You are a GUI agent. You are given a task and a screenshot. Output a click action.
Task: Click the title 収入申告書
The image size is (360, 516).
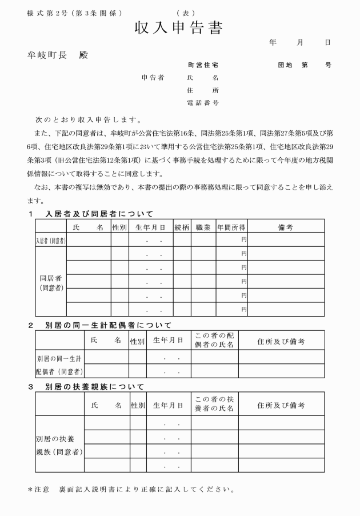178,27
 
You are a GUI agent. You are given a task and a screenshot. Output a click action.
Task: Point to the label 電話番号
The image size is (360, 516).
202,103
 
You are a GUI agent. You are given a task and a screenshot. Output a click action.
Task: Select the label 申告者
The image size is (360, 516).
153,77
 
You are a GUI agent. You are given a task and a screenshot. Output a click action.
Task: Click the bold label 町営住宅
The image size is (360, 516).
202,65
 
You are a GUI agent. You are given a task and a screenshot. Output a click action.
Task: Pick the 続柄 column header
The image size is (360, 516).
182,227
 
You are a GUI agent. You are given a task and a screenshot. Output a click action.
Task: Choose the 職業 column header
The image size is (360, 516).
203,227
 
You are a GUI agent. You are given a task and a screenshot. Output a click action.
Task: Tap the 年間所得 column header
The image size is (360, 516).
231,227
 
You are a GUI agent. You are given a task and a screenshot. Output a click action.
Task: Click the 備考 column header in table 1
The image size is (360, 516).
285,227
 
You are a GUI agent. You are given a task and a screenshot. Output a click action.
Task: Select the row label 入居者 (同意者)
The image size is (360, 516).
51,241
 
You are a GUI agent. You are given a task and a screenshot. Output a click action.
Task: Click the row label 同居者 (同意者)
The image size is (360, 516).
51,283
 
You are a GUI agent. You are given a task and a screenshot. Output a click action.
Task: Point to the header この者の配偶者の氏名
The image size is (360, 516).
214,340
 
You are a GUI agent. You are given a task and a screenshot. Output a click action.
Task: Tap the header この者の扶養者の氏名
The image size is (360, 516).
214,405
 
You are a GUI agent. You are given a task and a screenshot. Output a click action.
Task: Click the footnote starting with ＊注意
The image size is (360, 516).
131,489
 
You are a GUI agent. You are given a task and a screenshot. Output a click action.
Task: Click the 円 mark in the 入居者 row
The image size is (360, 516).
244,239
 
